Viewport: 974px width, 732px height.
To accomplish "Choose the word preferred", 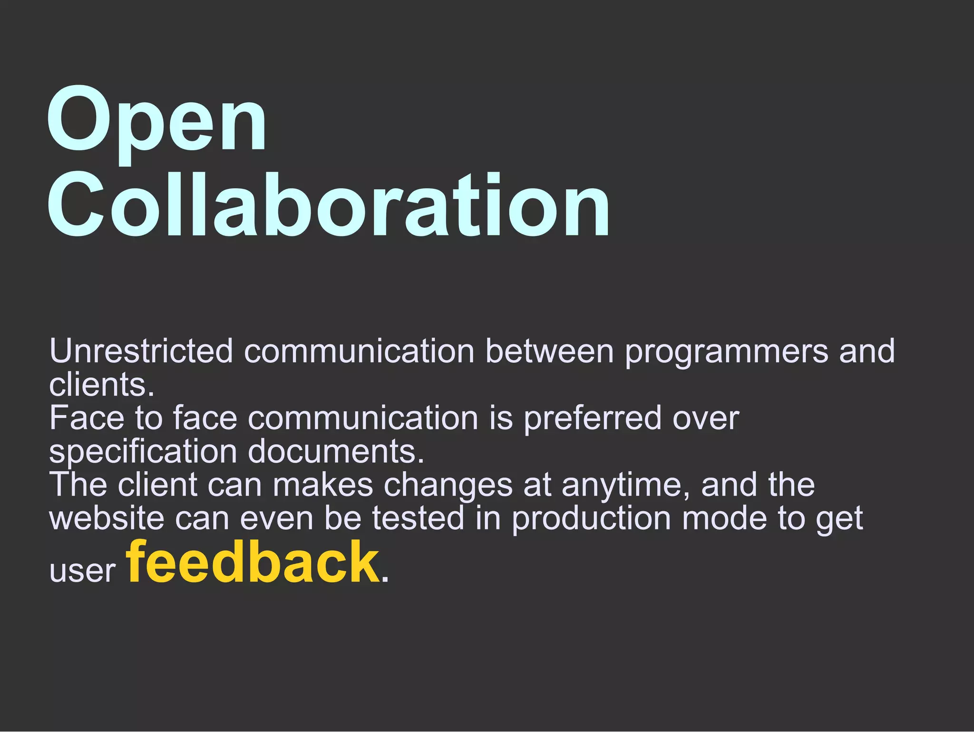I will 592,419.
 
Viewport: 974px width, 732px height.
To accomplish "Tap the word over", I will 706,419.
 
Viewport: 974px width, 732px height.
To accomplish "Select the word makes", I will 323,485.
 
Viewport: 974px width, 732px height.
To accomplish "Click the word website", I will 107,518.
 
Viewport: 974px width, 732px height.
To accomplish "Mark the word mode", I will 724,518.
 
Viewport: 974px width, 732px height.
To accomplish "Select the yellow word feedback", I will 253,562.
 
